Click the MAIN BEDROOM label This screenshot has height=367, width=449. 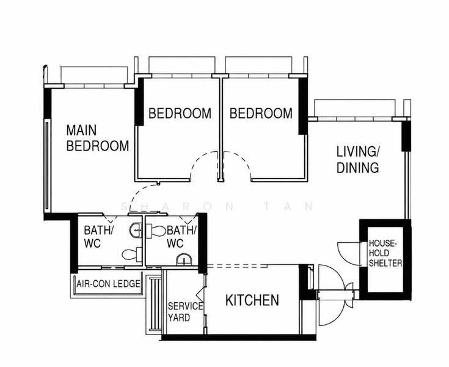click(x=97, y=138)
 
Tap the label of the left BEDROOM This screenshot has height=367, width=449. click(x=180, y=113)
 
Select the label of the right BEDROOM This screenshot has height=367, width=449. click(x=261, y=113)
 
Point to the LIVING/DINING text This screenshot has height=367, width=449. click(x=358, y=160)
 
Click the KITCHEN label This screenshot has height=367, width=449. click(x=252, y=300)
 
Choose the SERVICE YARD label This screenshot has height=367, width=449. click(x=185, y=312)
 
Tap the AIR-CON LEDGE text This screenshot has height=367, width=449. click(x=108, y=284)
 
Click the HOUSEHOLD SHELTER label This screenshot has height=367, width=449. click(x=385, y=253)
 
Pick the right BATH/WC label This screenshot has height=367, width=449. click(x=181, y=237)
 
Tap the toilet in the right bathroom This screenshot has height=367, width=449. click(x=156, y=231)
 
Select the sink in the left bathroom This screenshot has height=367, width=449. click(x=136, y=230)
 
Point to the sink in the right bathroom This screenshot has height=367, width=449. click(x=184, y=260)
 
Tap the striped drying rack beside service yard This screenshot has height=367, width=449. click(x=154, y=303)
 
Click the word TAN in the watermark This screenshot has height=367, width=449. click(x=288, y=207)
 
